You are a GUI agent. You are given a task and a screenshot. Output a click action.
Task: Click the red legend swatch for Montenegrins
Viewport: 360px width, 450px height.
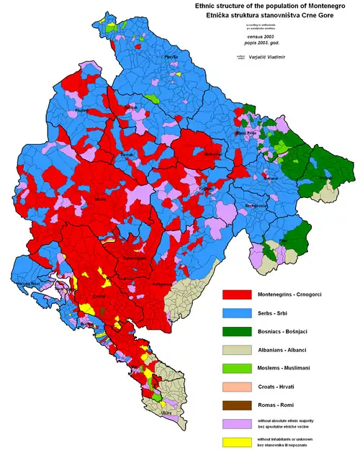point(235,294)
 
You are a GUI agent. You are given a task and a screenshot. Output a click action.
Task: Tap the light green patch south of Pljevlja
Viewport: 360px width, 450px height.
point(151,96)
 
